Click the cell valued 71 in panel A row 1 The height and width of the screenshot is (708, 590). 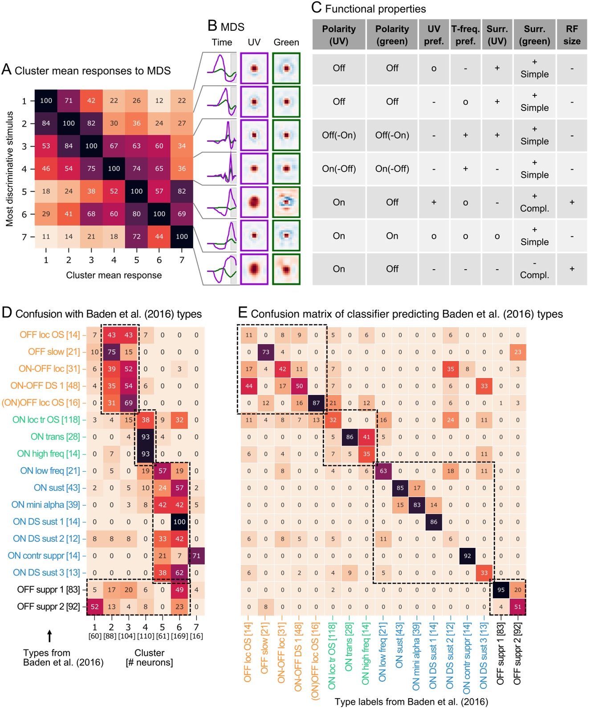[69, 101]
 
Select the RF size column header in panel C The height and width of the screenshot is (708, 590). [572, 35]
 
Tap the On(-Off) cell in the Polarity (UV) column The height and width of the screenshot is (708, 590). [339, 169]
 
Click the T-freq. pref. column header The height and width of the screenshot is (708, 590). [465, 35]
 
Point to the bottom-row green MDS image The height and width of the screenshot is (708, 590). [286, 269]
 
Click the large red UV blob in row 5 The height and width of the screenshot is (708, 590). [254, 202]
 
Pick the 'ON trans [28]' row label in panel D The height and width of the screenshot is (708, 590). [55, 437]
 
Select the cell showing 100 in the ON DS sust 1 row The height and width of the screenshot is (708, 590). [179, 522]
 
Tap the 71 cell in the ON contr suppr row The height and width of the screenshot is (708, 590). [196, 556]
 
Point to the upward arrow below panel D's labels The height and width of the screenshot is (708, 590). [49, 636]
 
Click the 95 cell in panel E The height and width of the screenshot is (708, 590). [501, 590]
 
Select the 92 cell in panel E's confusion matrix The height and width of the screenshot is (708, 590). [467, 556]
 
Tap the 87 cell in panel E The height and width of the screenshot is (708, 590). [316, 403]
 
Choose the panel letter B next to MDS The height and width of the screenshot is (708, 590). [212, 26]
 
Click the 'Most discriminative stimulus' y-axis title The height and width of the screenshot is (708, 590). [9, 169]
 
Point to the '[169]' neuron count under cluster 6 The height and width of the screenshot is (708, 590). [179, 636]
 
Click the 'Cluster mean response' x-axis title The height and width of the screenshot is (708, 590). [114, 275]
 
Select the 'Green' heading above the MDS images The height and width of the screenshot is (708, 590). [286, 42]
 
